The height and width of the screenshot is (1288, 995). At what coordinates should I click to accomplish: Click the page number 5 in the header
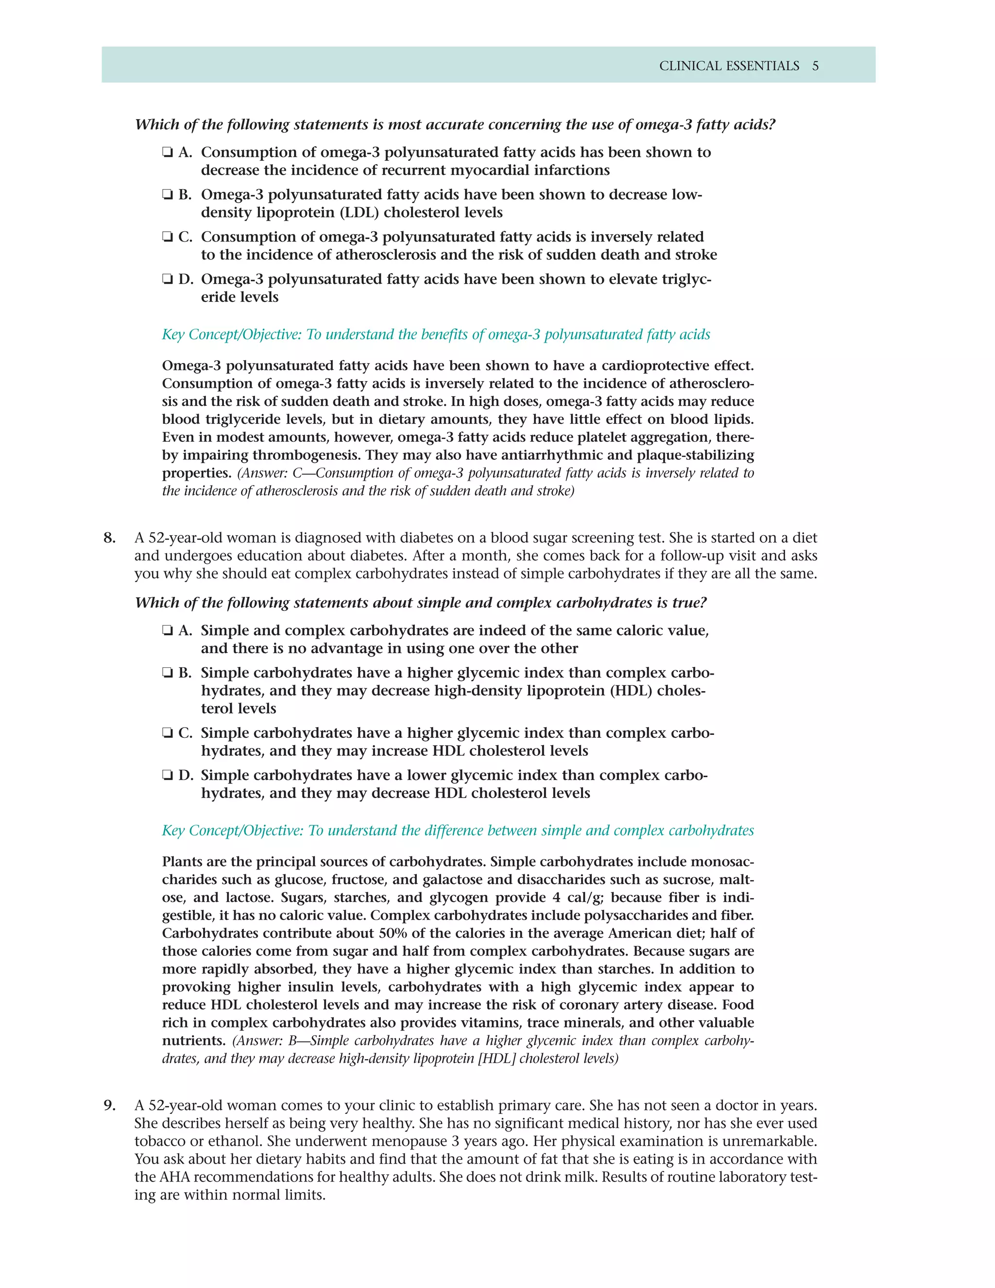click(815, 66)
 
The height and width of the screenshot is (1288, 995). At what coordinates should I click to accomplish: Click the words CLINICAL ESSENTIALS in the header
click(729, 66)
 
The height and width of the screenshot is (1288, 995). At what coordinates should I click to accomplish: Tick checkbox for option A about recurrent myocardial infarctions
click(168, 153)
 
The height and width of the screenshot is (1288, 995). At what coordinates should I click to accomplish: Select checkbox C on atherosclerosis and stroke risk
click(168, 237)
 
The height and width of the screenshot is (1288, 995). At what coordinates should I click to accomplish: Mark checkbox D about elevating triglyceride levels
click(168, 279)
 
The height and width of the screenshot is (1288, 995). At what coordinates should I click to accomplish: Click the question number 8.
click(110, 538)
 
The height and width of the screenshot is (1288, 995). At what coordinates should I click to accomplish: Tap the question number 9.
click(110, 1105)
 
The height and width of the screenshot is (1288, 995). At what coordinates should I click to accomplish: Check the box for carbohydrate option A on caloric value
click(168, 631)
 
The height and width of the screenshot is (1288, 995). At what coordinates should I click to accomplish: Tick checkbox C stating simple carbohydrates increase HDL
click(168, 733)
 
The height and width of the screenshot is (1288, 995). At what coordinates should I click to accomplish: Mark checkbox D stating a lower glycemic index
click(168, 776)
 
